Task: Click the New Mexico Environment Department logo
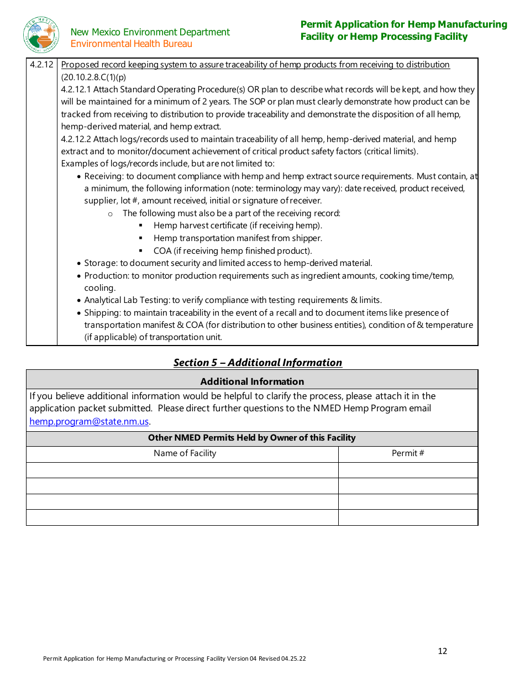pyautogui.click(x=41, y=35)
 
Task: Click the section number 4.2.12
pyautogui.click(x=41, y=65)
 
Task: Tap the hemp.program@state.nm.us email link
pyautogui.click(x=89, y=421)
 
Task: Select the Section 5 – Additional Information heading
pyautogui.click(x=258, y=363)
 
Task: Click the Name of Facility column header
pyautogui.click(x=185, y=453)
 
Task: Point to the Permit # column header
pyautogui.click(x=408, y=453)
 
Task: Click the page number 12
pyautogui.click(x=442, y=651)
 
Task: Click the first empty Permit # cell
pyautogui.click(x=408, y=470)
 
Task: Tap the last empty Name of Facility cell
pyautogui.click(x=182, y=517)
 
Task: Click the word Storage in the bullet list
pyautogui.click(x=101, y=263)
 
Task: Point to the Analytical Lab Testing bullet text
pyautogui.click(x=127, y=300)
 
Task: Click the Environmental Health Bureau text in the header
pyautogui.click(x=132, y=44)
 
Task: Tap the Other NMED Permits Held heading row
pyautogui.click(x=251, y=438)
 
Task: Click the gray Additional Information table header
pyautogui.click(x=251, y=381)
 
